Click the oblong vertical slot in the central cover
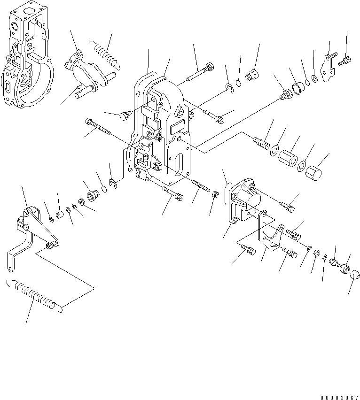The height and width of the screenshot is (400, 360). point(179,169)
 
